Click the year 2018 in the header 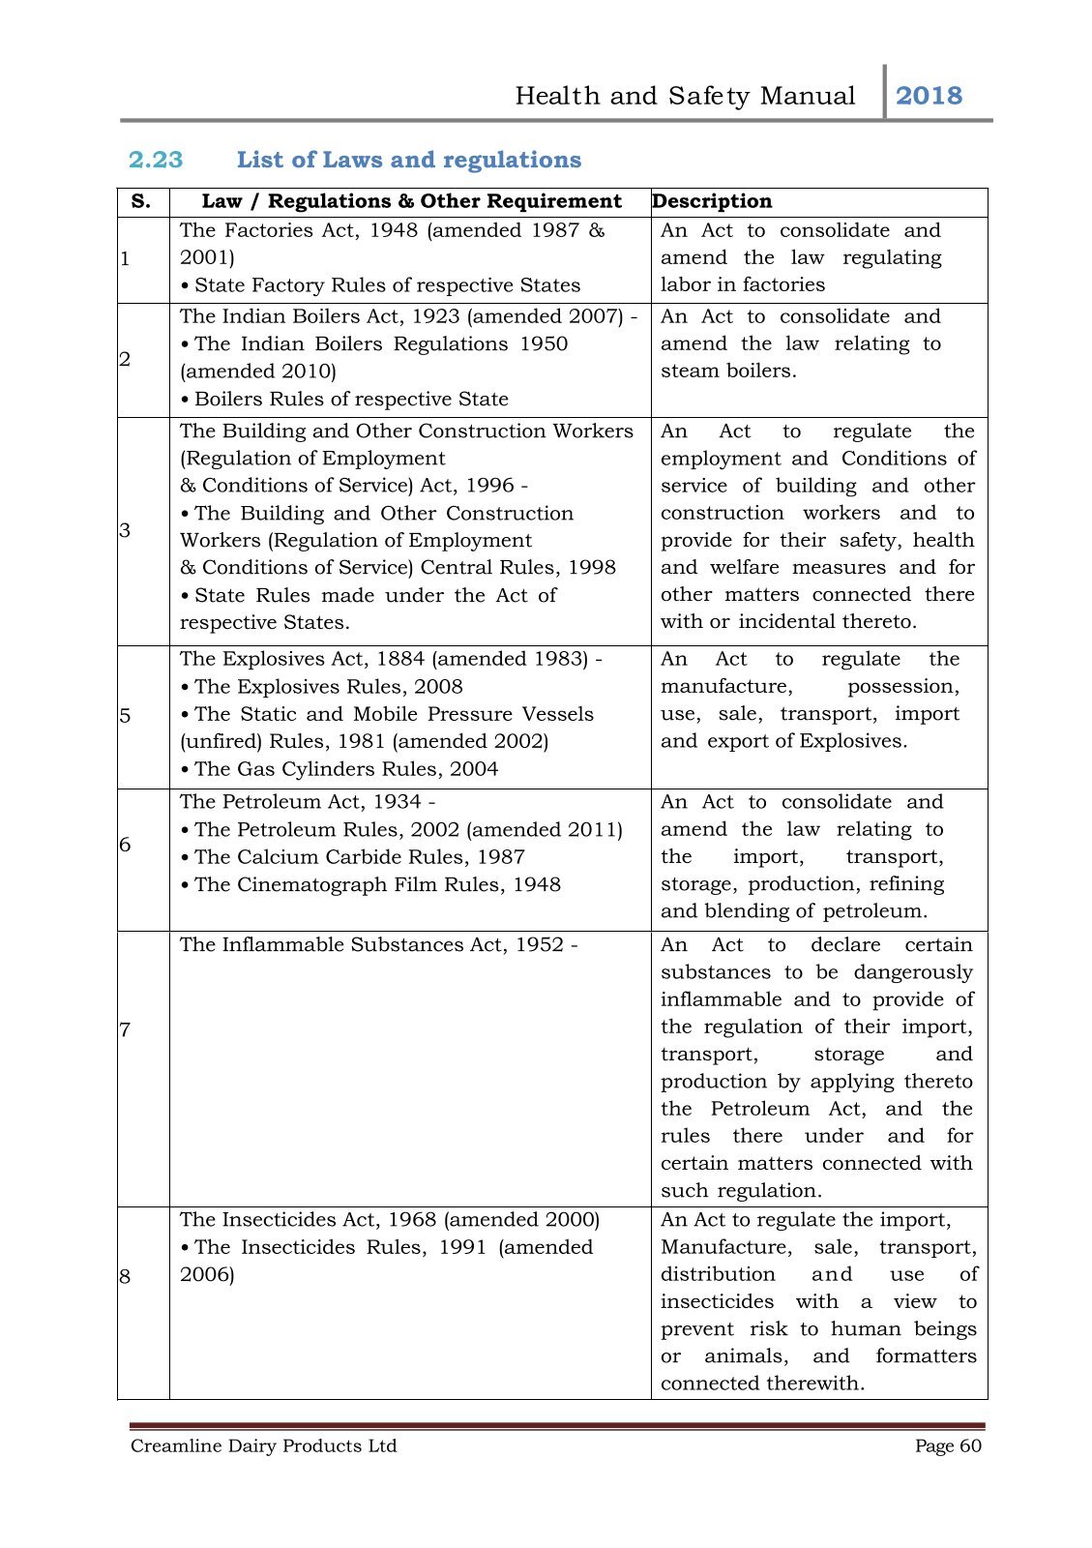(929, 96)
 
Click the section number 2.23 (156, 160)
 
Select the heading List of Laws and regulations (409, 160)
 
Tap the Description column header (712, 201)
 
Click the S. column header (141, 201)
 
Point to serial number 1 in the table (125, 258)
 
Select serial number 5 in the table (125, 716)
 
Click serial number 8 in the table (125, 1276)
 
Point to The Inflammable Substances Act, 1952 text (378, 944)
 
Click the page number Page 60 (948, 1445)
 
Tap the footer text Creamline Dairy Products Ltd (264, 1445)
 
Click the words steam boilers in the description (728, 372)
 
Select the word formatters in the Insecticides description (926, 1356)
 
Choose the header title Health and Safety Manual (685, 96)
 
